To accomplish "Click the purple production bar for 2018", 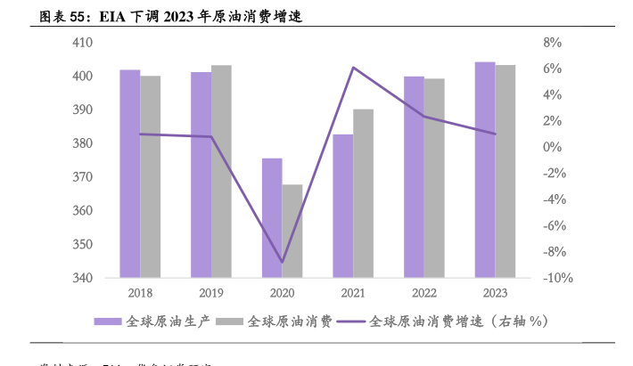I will click(130, 174).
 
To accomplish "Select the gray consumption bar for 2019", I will click(221, 171).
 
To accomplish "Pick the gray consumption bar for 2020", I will click(292, 231).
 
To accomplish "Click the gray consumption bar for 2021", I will click(364, 193).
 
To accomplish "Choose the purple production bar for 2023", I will click(485, 169).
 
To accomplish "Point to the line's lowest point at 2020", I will click(283, 263).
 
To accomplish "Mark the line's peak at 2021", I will click(354, 68).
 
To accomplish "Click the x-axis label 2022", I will click(424, 293).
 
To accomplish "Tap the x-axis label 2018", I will click(140, 293).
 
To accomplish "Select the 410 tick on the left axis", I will click(82, 43).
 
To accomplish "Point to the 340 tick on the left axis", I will click(82, 278).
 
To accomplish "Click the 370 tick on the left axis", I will click(82, 177).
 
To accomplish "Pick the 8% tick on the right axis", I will click(551, 43).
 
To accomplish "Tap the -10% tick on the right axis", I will click(556, 278).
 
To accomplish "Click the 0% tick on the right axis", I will click(551, 147).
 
